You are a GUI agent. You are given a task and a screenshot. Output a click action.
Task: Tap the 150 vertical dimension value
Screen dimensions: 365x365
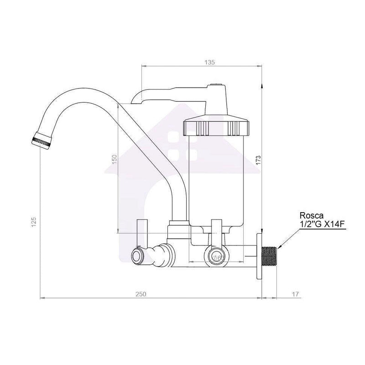coord(115,161)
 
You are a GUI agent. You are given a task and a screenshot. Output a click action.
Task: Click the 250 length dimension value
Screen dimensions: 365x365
coord(141,294)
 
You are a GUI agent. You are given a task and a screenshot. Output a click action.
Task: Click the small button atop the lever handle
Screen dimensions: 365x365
coord(217,85)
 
